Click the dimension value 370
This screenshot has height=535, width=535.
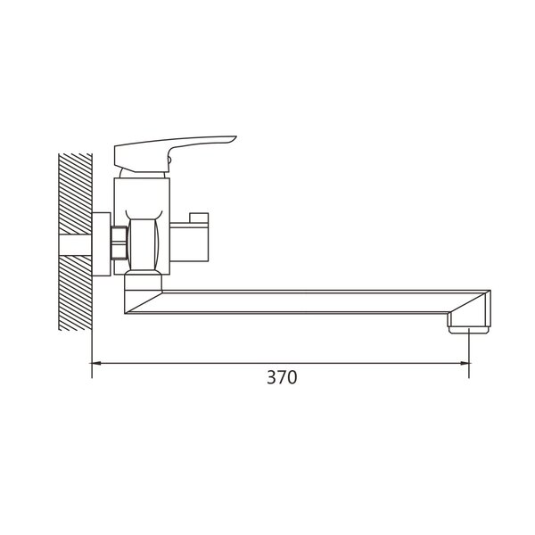tap(282, 377)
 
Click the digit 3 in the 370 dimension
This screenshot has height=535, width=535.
tap(272, 377)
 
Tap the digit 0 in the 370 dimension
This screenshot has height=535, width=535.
tap(292, 377)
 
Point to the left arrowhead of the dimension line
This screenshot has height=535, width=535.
tap(96, 364)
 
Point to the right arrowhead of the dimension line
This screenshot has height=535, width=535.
tap(464, 364)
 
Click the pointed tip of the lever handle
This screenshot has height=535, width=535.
tap(235, 137)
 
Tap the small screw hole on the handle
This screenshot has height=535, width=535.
tap(169, 159)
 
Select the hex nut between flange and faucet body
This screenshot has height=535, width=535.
tap(119, 243)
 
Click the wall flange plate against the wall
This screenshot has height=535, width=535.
tap(102, 244)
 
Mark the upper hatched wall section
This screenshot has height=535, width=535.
tap(76, 193)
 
